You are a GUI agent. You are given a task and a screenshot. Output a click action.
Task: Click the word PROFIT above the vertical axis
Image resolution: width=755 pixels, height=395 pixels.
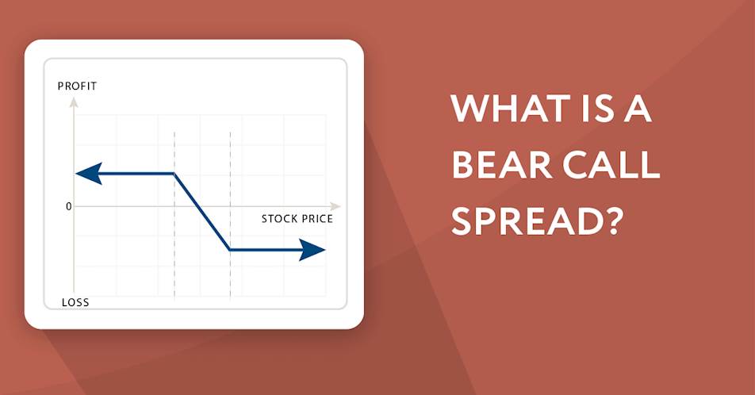click(77, 86)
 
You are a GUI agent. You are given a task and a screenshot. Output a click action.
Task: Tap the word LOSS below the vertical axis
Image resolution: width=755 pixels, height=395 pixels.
click(75, 302)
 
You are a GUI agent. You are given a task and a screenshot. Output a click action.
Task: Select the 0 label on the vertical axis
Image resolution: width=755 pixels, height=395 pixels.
click(68, 206)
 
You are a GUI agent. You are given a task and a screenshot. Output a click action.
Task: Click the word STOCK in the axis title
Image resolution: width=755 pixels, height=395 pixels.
click(277, 219)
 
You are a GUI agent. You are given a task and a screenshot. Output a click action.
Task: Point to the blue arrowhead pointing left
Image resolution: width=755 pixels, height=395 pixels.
click(89, 174)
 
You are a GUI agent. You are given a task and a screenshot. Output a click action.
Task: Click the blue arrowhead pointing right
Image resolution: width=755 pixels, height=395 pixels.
click(312, 250)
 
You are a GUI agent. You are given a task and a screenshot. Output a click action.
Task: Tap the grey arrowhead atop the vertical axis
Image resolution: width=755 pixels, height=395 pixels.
click(74, 102)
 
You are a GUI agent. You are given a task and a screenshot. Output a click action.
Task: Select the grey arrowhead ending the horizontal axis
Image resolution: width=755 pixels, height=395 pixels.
click(335, 206)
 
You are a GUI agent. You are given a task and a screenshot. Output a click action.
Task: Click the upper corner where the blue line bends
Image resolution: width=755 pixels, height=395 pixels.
click(174, 174)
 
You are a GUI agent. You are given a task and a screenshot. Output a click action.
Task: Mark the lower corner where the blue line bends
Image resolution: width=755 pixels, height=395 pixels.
click(230, 250)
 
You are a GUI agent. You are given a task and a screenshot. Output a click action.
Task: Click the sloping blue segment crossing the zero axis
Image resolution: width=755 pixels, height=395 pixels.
click(201, 212)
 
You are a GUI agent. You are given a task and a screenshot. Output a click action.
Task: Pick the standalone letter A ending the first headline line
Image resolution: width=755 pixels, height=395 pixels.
click(638, 109)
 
